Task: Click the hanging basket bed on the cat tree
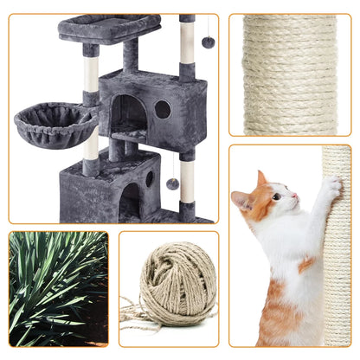coord(56,122)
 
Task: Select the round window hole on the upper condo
coord(163,109)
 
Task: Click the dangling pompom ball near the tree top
coord(209,42)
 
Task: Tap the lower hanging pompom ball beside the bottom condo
coord(172,183)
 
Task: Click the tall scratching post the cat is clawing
coord(336,251)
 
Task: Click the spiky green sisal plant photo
coord(58,287)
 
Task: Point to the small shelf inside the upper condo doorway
coord(128,135)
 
